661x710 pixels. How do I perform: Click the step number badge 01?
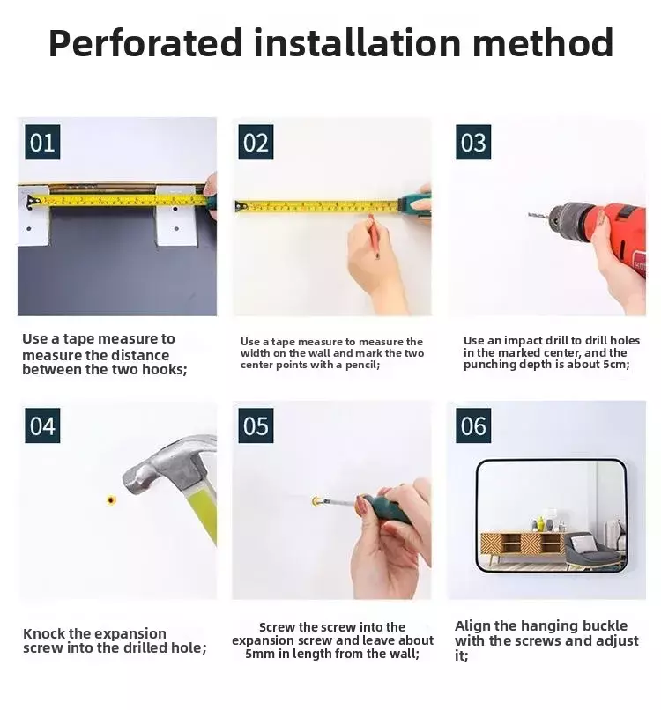coord(42,142)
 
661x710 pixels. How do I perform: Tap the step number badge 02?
coord(256,142)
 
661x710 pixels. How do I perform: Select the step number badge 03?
coord(473,142)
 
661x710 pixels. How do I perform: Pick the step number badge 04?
coord(42,425)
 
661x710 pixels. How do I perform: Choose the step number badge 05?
coord(256,425)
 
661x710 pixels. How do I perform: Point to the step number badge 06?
coord(473,425)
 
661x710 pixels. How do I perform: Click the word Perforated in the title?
coord(145,44)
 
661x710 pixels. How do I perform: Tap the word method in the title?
coord(543,42)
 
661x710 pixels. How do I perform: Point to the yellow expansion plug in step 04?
coord(111,499)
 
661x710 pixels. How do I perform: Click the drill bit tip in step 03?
coord(529,215)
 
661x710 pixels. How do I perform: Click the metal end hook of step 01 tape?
coord(31,202)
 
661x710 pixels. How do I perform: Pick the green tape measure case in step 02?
coord(414,203)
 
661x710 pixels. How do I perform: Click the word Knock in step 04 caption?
coord(44,633)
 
